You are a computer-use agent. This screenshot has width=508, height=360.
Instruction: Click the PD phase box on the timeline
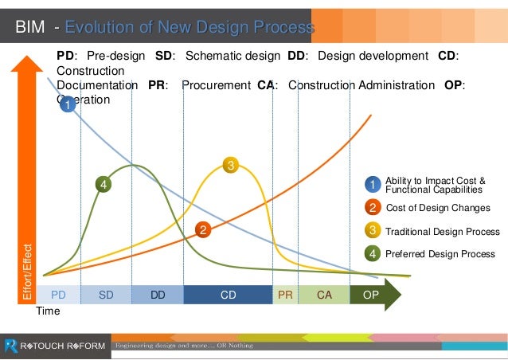tap(57, 295)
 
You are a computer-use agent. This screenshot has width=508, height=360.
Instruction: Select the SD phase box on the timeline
tap(106, 295)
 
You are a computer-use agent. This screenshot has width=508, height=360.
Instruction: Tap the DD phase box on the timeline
tap(158, 295)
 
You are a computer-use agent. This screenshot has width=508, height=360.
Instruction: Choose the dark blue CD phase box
tap(228, 295)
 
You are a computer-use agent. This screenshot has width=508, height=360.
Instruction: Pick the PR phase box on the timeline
tap(285, 295)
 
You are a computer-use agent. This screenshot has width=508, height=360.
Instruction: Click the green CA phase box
tap(324, 295)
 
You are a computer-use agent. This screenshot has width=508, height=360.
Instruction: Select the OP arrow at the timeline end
tap(373, 295)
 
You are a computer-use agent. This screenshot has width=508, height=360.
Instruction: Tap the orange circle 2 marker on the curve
tap(203, 230)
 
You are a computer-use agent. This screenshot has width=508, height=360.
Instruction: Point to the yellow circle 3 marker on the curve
tap(230, 166)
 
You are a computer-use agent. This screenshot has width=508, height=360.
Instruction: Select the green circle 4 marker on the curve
tap(102, 185)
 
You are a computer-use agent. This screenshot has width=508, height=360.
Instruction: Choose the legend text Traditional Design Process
tap(442, 232)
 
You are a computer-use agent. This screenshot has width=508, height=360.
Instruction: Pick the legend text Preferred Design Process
tap(440, 254)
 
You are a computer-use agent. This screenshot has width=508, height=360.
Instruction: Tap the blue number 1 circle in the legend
tap(372, 185)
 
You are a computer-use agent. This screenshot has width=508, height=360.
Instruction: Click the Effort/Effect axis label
tap(27, 271)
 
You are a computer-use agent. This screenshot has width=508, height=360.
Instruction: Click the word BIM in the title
tap(32, 29)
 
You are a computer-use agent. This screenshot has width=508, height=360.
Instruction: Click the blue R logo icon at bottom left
tap(10, 346)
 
